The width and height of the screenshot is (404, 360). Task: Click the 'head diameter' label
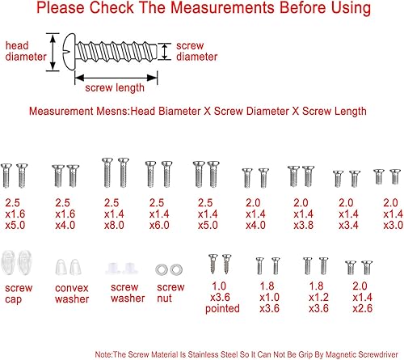26,51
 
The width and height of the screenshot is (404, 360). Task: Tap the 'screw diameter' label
197,51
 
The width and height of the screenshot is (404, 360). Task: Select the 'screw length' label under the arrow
115,88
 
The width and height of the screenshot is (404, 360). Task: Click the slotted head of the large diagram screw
69,51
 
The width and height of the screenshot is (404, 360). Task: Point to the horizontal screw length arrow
116,78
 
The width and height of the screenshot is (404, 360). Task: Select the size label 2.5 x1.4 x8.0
114,214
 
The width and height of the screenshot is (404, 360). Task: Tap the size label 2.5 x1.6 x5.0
15,214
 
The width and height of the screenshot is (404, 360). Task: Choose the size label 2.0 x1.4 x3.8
303,214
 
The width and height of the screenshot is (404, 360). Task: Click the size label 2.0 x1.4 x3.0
393,214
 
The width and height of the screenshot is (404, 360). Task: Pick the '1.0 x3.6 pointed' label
222,298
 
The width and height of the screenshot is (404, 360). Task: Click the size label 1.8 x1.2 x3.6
318,298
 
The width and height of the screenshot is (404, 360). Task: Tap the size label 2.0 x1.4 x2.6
362,298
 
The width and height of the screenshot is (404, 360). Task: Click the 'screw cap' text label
19,294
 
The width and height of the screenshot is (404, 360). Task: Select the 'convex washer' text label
72,294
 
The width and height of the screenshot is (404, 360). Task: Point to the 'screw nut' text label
170,293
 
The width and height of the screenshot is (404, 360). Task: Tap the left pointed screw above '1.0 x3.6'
213,264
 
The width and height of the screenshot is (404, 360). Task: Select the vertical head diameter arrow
53,53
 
